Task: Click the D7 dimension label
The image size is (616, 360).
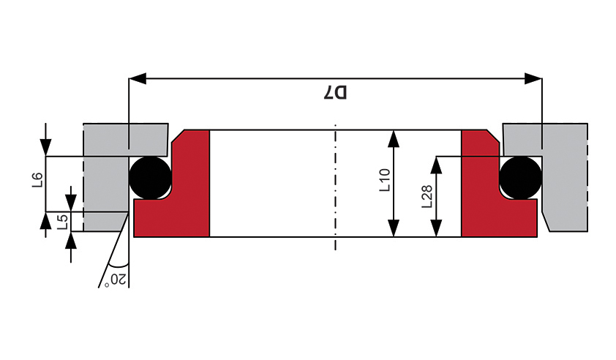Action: pos(335,92)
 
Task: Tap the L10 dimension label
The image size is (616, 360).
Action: pos(385,179)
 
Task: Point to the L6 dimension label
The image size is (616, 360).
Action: pos(37,179)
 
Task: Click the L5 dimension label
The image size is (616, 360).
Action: pos(62,222)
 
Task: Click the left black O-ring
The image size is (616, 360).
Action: pos(151,178)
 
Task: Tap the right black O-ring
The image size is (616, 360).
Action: pos(521,178)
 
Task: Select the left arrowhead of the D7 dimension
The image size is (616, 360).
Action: pos(138,78)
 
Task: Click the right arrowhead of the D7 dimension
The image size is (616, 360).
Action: pos(533,78)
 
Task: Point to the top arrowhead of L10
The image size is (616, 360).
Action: pos(394,138)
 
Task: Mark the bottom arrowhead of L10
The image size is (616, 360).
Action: pos(394,228)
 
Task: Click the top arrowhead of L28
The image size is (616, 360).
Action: pos(436,165)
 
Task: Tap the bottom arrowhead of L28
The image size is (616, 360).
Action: pos(436,228)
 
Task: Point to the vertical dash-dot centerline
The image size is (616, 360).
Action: pos(335,187)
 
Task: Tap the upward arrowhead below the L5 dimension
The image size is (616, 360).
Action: pos(71,240)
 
